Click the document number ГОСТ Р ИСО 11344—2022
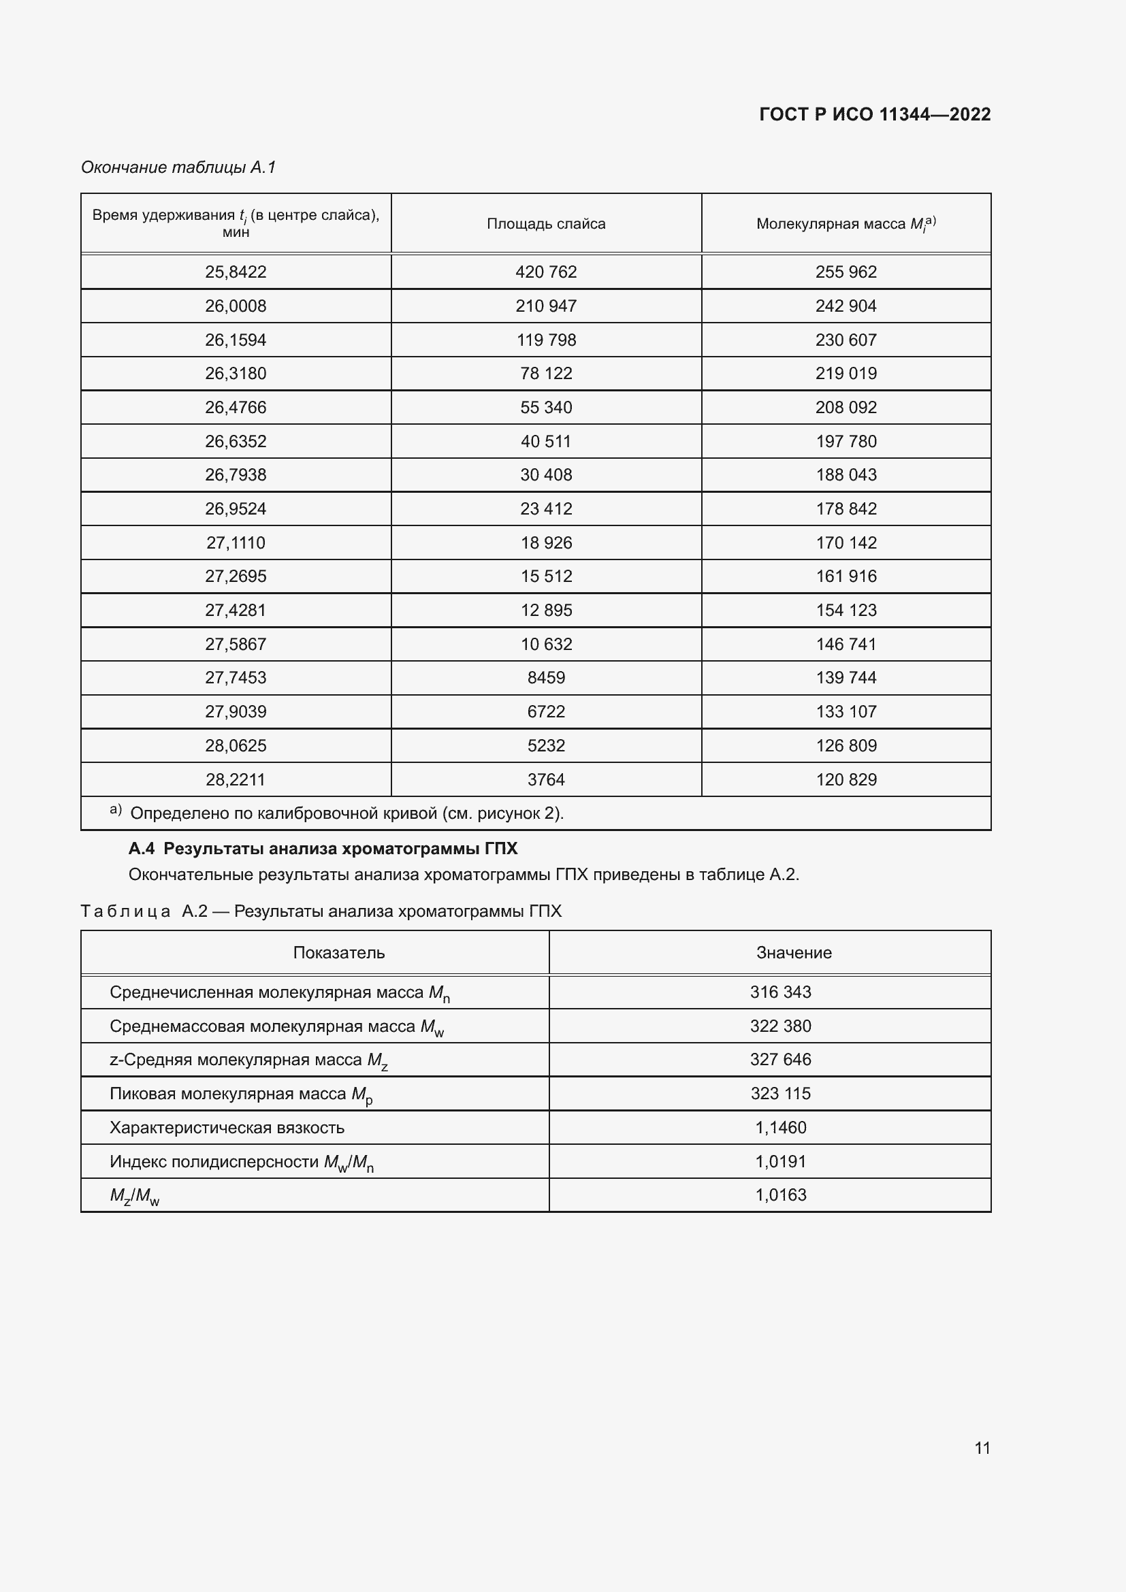tap(874, 114)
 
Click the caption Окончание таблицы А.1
tap(178, 167)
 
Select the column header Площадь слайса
tap(546, 224)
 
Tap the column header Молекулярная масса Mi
tap(846, 224)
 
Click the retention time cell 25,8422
tap(236, 272)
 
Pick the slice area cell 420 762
tap(546, 272)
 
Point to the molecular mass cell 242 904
tap(846, 306)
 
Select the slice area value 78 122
tap(546, 374)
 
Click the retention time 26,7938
tap(236, 475)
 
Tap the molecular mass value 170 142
tap(846, 543)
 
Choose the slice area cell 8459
tap(546, 678)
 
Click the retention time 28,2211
tap(236, 780)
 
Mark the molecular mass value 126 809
tap(846, 746)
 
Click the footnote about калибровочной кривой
tap(347, 813)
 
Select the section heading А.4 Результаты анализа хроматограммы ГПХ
tap(323, 849)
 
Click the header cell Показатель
tap(338, 953)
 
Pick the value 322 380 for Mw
tap(780, 1026)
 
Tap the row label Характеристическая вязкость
tap(227, 1128)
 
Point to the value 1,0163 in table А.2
tap(780, 1195)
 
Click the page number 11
tap(982, 1448)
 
